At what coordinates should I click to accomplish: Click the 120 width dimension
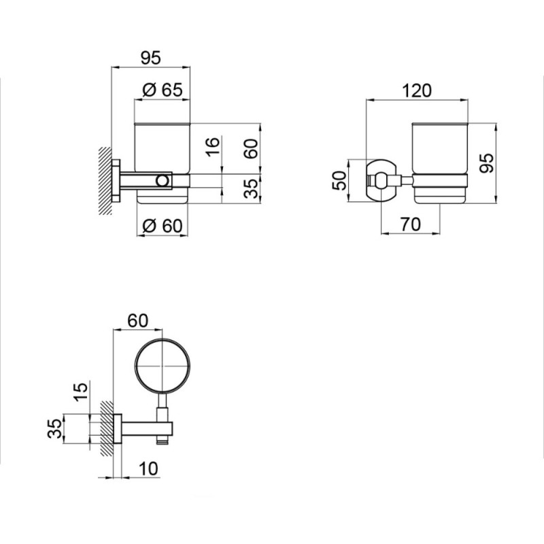(417, 90)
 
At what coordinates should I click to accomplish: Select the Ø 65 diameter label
(163, 90)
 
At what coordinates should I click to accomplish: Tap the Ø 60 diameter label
(163, 226)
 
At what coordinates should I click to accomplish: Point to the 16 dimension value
(214, 147)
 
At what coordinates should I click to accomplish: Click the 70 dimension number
(411, 224)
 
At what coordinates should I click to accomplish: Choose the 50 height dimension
(339, 180)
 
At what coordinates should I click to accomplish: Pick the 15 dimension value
(81, 392)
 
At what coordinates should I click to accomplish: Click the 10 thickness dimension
(148, 469)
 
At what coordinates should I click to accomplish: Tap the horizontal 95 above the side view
(151, 58)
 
